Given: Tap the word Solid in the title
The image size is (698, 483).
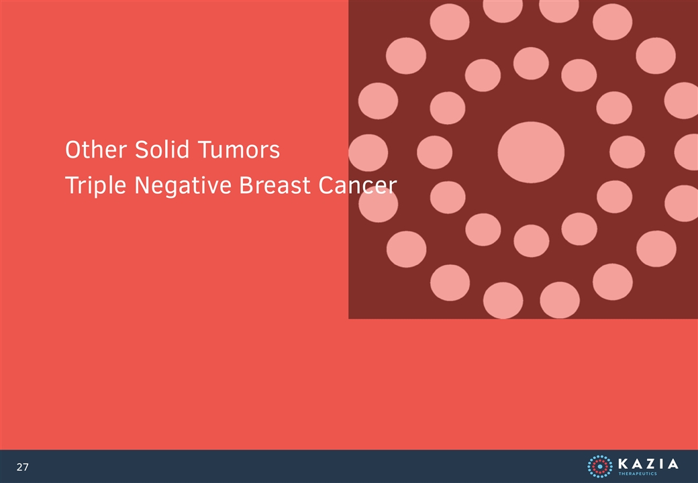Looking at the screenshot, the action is [163, 150].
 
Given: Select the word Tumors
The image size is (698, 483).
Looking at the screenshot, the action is [239, 150].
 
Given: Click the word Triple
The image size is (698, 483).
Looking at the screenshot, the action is [96, 185].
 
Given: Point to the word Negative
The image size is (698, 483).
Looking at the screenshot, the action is [183, 185].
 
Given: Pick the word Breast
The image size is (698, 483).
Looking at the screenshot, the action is [275, 185].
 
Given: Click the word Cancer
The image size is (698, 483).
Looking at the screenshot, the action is [358, 185].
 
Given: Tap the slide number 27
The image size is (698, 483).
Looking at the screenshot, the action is [22, 467].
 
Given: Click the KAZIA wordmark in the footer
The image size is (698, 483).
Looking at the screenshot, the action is [648, 464].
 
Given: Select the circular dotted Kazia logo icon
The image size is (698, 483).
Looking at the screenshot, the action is [599, 466].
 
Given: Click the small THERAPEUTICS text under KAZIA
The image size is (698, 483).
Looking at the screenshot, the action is [638, 474].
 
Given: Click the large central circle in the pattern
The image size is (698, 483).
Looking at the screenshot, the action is [531, 152].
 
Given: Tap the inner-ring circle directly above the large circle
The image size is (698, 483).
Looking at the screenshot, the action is [531, 63].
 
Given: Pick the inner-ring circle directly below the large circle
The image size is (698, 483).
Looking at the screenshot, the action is [532, 241].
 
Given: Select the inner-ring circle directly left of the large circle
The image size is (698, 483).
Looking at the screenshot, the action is [434, 152].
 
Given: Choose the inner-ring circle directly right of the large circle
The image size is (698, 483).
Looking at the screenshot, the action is [628, 152].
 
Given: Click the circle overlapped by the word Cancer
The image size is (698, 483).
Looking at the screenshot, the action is [379, 205].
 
